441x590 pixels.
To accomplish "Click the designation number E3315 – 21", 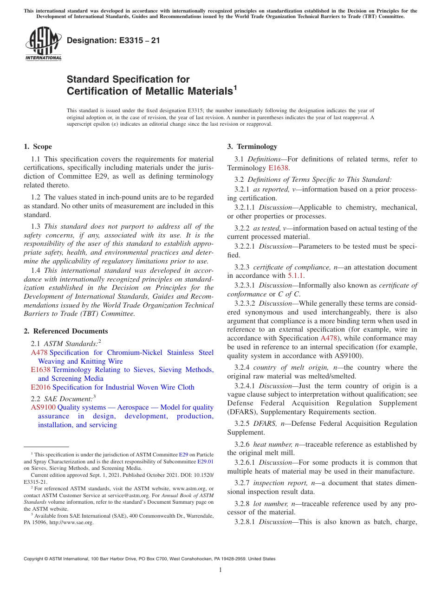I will pos(113,40).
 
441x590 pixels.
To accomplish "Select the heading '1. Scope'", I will pos(38,147).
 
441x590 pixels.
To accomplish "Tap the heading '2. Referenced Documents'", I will pos(65,331).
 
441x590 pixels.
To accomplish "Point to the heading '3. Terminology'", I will pos(252,147).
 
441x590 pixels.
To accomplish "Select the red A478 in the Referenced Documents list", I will pos(39,353).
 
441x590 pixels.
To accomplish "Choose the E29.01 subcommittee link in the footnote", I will pos(205,462).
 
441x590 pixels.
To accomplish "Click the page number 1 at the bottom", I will pos(220,570).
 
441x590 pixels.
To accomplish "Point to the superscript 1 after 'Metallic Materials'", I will pos(235,87).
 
